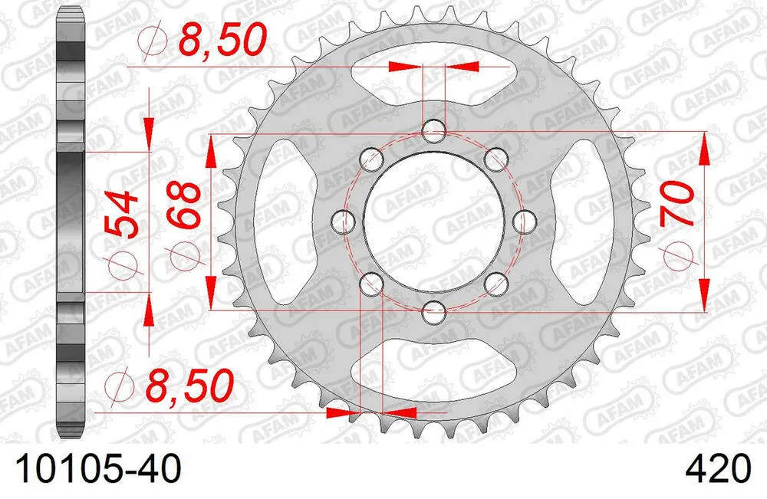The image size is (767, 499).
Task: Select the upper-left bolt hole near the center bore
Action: [371, 158]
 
